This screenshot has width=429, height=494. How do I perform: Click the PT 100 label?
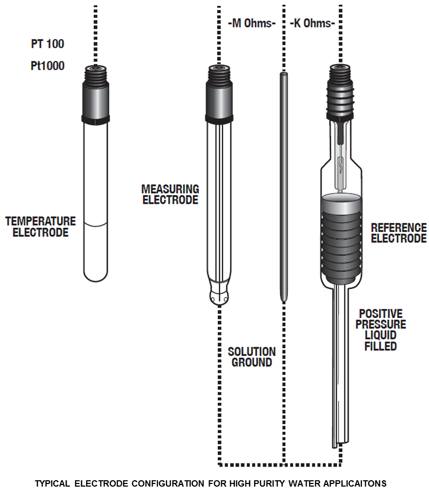click(47, 44)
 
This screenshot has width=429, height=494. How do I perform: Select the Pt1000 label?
click(47, 67)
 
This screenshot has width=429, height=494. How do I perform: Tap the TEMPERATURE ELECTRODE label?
click(41, 227)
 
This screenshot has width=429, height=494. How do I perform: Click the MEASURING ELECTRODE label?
click(170, 194)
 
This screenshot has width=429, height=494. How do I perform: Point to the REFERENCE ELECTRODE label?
click(398, 233)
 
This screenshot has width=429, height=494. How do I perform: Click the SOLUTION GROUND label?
click(251, 357)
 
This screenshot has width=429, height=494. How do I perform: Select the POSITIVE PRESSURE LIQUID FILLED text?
click(380, 330)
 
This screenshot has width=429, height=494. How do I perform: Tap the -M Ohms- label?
click(251, 23)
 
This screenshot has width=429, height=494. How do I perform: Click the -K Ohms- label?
click(312, 23)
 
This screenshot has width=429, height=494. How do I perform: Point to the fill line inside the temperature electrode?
click(95, 226)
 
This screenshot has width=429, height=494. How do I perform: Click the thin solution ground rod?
click(283, 185)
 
